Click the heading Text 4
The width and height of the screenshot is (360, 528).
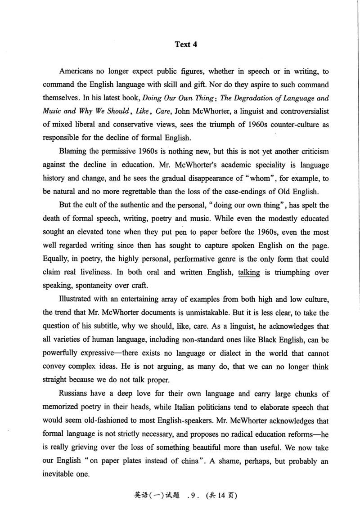pos(186,44)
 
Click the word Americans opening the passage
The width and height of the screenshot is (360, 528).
pos(77,72)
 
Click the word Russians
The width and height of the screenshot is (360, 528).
pos(75,394)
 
